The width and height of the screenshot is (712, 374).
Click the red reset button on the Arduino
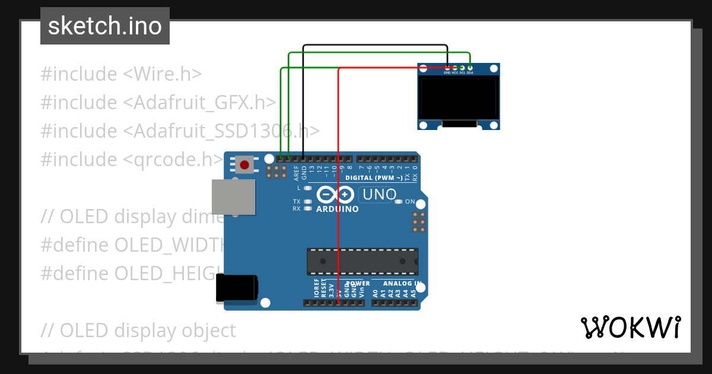244,164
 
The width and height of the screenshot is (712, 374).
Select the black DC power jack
236,287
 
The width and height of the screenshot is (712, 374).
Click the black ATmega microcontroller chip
362,261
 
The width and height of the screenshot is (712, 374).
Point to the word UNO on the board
379,195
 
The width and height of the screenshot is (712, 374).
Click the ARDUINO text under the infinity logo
337,209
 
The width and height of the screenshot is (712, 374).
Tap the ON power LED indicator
398,202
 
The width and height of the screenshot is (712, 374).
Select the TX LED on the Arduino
307,202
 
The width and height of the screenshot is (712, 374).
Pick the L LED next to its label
307,188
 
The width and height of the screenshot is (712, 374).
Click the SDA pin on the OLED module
470,69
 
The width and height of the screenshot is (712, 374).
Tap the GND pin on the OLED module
447,69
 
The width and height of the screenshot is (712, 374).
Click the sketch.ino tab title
105,26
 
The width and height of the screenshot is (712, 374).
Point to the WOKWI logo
630,328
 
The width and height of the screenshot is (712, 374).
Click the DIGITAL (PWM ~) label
374,178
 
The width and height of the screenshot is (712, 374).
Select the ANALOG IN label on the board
402,284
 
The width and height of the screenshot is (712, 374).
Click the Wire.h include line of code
121,74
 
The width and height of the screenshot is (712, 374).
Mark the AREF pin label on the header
296,172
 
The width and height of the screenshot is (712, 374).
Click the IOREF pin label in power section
316,288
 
